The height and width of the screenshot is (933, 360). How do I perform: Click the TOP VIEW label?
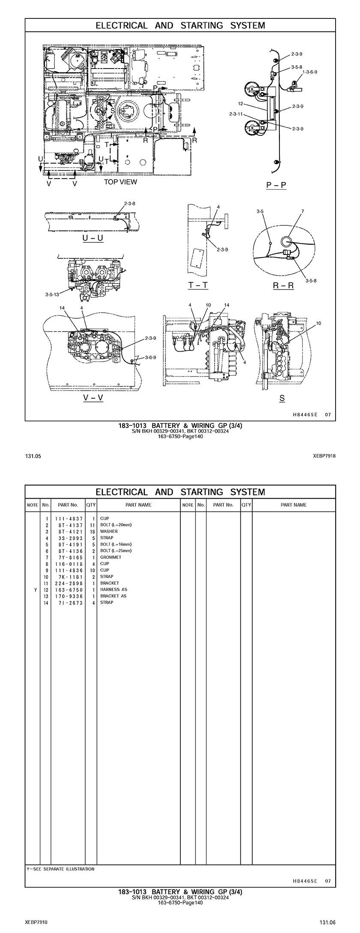pyautogui.click(x=120, y=182)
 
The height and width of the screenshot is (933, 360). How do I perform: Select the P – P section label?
pyautogui.click(x=276, y=185)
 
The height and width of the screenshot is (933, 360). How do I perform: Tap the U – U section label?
pyautogui.click(x=93, y=238)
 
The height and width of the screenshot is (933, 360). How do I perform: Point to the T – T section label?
pyautogui.click(x=198, y=285)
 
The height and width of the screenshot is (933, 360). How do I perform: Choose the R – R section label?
pyautogui.click(x=283, y=285)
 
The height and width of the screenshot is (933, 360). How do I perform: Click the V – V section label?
pyautogui.click(x=93, y=398)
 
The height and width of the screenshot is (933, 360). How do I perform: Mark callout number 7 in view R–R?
pyautogui.click(x=303, y=211)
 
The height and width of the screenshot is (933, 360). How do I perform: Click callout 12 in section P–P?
pyautogui.click(x=240, y=104)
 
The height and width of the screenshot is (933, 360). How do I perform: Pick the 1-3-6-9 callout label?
pyautogui.click(x=310, y=72)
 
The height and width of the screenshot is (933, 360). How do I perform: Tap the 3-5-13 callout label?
pyautogui.click(x=52, y=294)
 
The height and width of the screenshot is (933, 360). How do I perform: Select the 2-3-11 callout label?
pyautogui.click(x=236, y=114)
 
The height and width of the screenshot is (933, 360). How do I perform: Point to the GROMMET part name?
pyautogui.click(x=111, y=557)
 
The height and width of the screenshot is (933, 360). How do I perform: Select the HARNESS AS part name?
pyautogui.click(x=114, y=589)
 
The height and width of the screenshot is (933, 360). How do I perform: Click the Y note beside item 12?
pyautogui.click(x=35, y=590)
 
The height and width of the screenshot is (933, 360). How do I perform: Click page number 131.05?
pyautogui.click(x=33, y=456)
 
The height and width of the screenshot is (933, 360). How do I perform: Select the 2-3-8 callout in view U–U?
pyautogui.click(x=129, y=203)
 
